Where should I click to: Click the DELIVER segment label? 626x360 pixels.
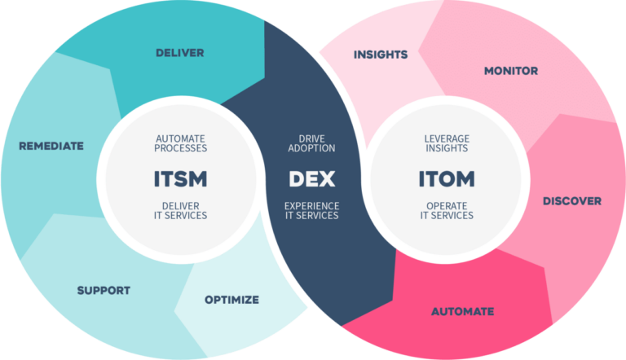(179, 53)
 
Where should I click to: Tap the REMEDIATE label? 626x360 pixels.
(51, 146)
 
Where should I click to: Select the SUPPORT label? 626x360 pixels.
(104, 291)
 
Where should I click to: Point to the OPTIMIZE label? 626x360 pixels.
(232, 300)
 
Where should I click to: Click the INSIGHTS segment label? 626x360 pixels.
(381, 55)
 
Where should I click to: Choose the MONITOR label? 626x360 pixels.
(511, 71)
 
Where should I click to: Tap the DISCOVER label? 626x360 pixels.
(572, 201)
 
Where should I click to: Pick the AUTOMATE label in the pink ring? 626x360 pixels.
(463, 311)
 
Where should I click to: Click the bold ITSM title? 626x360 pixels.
(180, 179)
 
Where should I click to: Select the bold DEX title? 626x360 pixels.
(312, 179)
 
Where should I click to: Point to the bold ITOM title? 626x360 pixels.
(447, 179)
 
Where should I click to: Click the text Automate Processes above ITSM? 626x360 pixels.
(180, 143)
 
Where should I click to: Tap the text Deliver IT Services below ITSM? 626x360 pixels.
(180, 211)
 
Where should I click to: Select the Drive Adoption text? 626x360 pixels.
(312, 143)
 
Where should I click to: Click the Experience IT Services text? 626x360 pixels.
(312, 211)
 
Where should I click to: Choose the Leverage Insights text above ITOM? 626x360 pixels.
(447, 143)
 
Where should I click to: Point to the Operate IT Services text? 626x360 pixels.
(447, 211)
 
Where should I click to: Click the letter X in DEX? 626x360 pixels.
(327, 179)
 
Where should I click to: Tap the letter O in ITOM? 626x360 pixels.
(444, 179)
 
